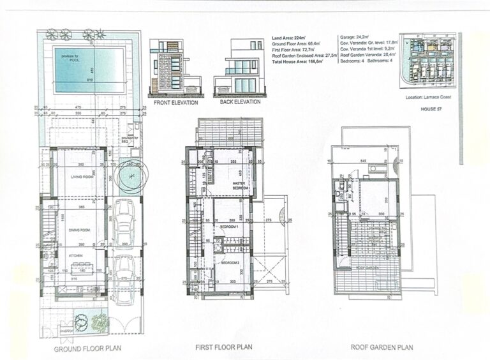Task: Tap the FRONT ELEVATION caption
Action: click(174, 102)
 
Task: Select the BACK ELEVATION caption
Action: click(240, 101)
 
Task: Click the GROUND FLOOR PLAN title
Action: click(87, 349)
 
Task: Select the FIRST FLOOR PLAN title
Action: click(223, 348)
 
